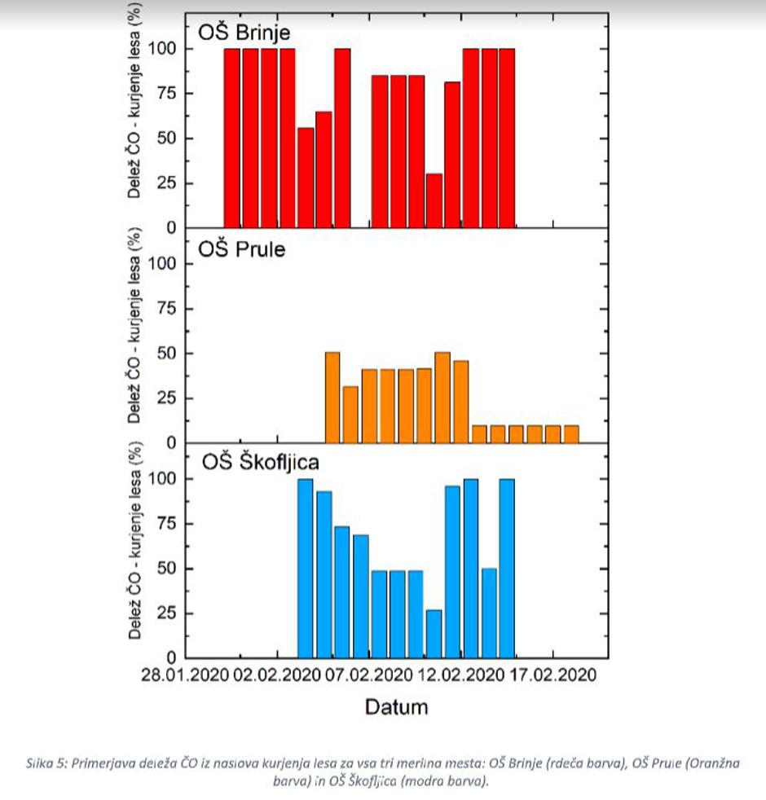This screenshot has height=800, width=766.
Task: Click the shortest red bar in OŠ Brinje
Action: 434,200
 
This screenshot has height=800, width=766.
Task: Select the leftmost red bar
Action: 232,138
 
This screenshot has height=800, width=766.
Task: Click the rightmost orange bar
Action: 571,433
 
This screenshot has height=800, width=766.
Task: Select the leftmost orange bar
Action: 332,397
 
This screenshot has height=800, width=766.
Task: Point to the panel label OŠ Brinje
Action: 245,32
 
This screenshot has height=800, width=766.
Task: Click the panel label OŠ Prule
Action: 243,248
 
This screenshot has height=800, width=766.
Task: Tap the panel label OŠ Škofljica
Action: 260,463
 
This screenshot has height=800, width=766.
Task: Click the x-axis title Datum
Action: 396,706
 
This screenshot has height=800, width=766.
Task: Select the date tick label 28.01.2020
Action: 184,676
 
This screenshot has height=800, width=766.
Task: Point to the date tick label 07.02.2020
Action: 368,676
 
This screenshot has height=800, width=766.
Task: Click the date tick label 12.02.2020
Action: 460,676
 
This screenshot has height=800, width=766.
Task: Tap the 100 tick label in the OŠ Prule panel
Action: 163,264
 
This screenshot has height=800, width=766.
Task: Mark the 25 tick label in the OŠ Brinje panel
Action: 166,182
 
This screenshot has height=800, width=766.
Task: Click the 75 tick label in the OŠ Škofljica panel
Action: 166,524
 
